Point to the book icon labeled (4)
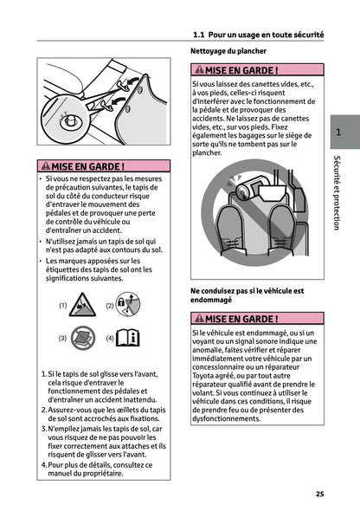[x=128, y=337]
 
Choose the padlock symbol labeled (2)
[x=128, y=305]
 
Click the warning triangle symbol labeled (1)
[x=81, y=305]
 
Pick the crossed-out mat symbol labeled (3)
[x=81, y=337]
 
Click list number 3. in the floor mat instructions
[x=44, y=428]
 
